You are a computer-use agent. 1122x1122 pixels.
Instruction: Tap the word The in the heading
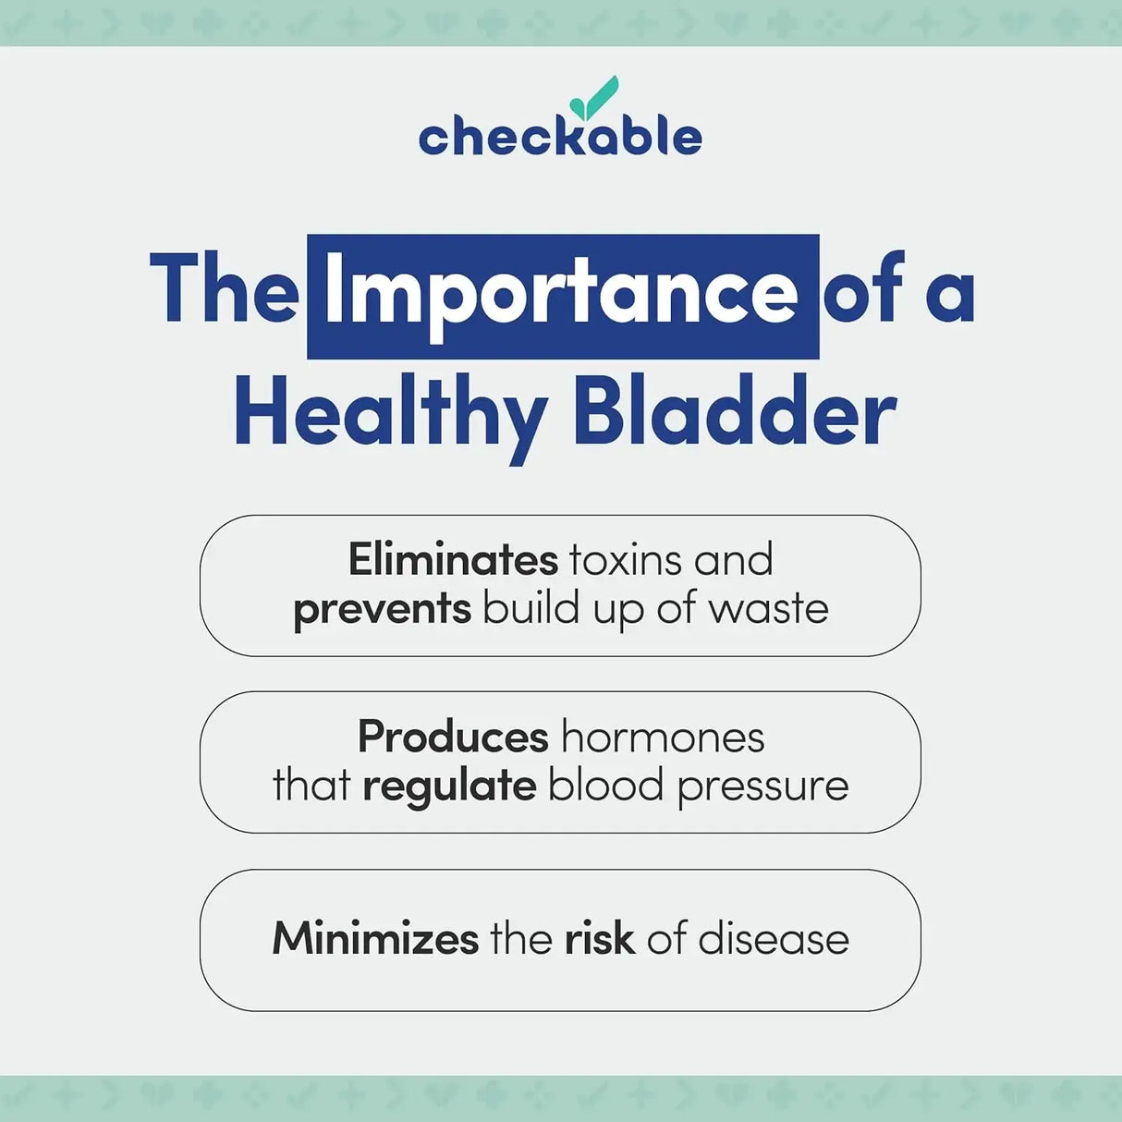tap(225, 290)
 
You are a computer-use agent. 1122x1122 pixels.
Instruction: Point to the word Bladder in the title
tap(734, 413)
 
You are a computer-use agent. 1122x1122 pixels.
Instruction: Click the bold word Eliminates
tap(453, 560)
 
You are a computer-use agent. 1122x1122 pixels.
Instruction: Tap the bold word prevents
tap(382, 610)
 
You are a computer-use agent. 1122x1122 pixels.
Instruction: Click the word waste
tap(769, 610)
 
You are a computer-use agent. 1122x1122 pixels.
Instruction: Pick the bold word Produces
tap(453, 738)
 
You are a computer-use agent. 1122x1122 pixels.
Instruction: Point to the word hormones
tap(663, 738)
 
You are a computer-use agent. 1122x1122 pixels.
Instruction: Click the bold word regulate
tap(449, 787)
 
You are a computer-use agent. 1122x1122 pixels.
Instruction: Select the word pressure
tap(762, 787)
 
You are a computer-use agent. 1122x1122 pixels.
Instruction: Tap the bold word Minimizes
tap(375, 939)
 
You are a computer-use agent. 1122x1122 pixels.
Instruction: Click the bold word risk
tap(599, 939)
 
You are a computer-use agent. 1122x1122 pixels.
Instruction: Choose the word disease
tap(774, 939)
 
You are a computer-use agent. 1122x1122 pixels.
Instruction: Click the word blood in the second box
tap(606, 787)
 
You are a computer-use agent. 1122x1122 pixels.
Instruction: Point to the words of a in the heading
tap(898, 292)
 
